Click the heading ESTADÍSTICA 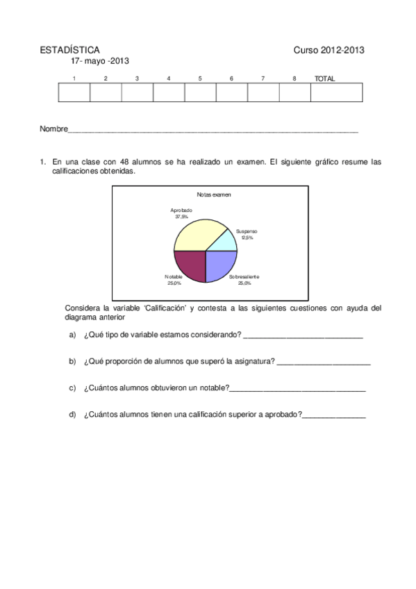click(69, 50)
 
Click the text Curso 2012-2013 click(329, 50)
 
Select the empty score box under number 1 click(74, 92)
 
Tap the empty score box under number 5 click(200, 92)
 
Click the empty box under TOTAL click(336, 92)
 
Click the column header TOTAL click(324, 78)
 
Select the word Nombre click(53, 129)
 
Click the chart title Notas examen click(214, 194)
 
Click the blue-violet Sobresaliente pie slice click(221, 264)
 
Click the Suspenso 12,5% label click(247, 234)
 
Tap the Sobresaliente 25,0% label click(244, 280)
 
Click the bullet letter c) click(72, 388)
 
